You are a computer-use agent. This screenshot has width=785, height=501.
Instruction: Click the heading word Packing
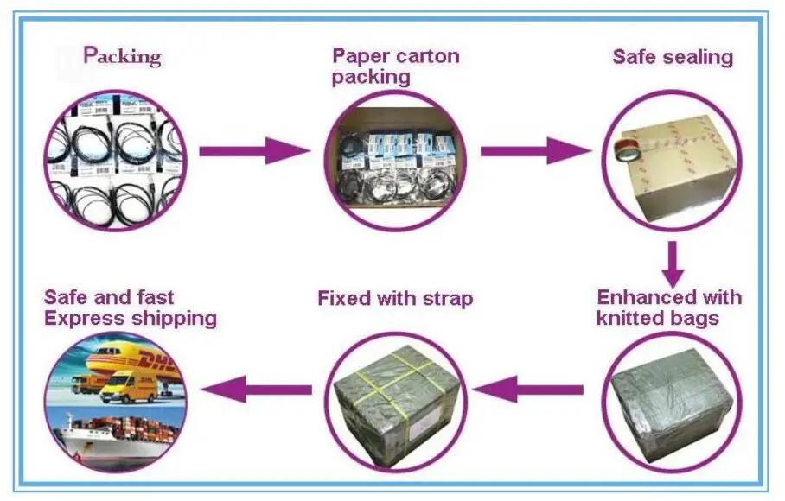[x=122, y=56]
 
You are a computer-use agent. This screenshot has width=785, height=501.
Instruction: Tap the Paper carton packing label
[x=395, y=66]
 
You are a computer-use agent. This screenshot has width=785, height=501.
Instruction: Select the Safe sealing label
[x=673, y=57]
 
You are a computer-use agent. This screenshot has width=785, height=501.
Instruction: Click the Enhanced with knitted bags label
[x=669, y=308]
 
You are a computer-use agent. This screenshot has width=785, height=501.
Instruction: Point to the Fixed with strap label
[x=395, y=299]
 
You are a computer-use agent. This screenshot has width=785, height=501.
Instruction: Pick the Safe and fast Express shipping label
[x=131, y=308]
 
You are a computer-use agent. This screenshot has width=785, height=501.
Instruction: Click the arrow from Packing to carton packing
[x=255, y=151]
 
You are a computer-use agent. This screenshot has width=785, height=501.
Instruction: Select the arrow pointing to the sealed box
[x=536, y=151]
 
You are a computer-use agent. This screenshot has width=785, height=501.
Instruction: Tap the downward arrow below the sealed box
[x=673, y=264]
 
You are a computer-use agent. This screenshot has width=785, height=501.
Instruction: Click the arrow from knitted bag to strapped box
[x=527, y=390]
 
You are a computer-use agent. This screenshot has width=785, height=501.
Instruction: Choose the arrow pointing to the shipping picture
[x=256, y=390]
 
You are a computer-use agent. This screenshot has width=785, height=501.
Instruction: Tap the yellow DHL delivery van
[x=128, y=389]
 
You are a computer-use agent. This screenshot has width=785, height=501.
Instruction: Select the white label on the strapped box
[x=425, y=423]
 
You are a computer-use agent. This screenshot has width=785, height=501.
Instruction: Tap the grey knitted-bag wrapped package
[x=673, y=404]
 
